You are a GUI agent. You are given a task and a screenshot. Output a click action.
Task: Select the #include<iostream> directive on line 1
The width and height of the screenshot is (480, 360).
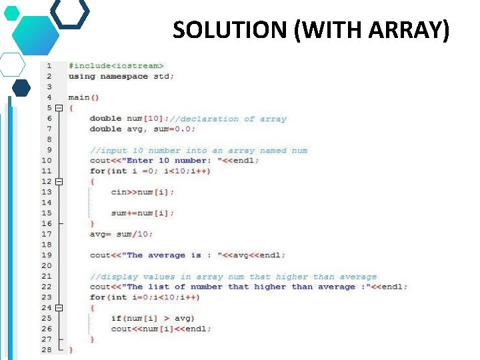pos(116,65)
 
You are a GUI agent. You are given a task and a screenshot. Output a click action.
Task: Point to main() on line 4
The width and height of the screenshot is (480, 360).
pos(83,97)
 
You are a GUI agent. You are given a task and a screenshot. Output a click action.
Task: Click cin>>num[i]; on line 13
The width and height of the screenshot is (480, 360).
pos(143,192)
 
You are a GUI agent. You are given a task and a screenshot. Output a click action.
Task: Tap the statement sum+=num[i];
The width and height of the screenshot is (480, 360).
pos(143,213)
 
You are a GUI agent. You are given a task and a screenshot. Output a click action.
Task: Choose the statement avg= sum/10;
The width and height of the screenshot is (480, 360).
pos(121,234)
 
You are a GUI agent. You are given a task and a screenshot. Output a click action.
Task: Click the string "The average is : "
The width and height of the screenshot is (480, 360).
pos(173,255)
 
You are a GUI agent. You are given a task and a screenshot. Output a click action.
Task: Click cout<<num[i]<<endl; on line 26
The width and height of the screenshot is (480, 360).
pos(161,329)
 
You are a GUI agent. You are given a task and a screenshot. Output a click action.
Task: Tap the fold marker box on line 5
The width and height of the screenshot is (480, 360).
pos(59,108)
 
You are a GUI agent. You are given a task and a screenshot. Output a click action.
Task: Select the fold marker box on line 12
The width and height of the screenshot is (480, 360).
pos(59,181)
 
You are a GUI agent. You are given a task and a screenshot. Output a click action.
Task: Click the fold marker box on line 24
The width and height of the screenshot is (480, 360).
pos(59,308)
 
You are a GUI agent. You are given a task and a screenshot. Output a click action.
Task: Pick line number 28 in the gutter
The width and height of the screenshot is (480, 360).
pos(46,349)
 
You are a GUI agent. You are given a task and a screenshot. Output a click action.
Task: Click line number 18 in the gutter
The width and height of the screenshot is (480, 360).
pos(46,245)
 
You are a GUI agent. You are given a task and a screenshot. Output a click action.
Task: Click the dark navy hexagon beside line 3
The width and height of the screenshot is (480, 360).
pos(21,87)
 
